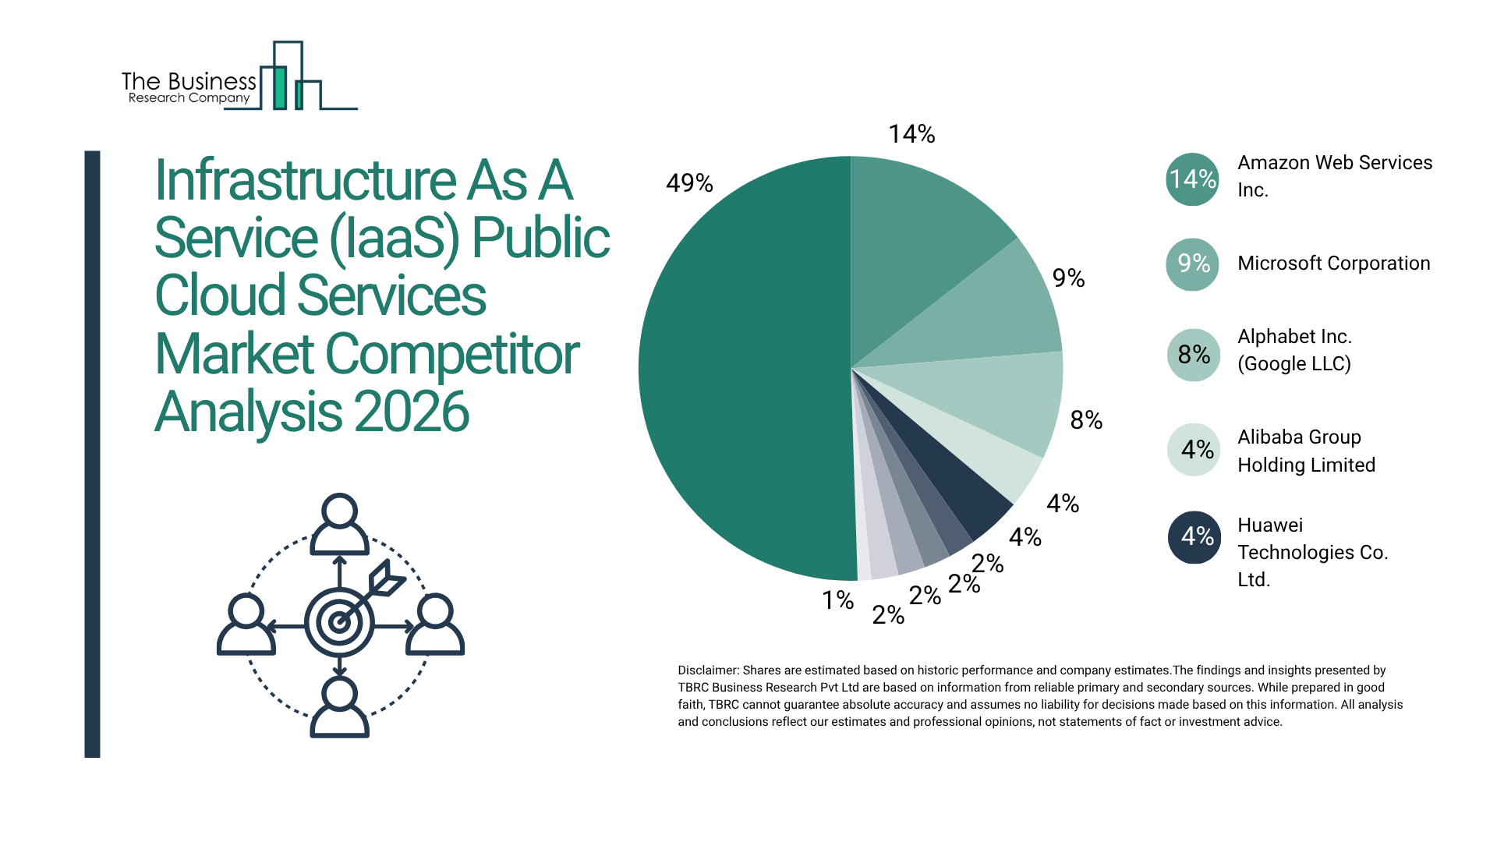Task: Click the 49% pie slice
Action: (741, 374)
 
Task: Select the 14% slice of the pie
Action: (912, 234)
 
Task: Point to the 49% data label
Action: (689, 183)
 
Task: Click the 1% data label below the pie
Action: (837, 600)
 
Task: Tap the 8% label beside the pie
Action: (1086, 421)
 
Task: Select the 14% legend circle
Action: (1192, 179)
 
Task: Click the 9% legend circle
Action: (1192, 264)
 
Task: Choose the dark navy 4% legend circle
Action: (1194, 536)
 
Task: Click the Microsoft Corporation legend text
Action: (1333, 264)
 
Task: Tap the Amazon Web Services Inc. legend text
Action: (1333, 176)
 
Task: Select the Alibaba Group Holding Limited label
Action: (1306, 451)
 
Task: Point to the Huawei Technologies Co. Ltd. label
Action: (1312, 552)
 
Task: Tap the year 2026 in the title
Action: (412, 412)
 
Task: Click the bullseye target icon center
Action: (339, 622)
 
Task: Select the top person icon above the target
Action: (339, 524)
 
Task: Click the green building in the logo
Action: (279, 87)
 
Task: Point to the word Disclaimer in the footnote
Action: (707, 670)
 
